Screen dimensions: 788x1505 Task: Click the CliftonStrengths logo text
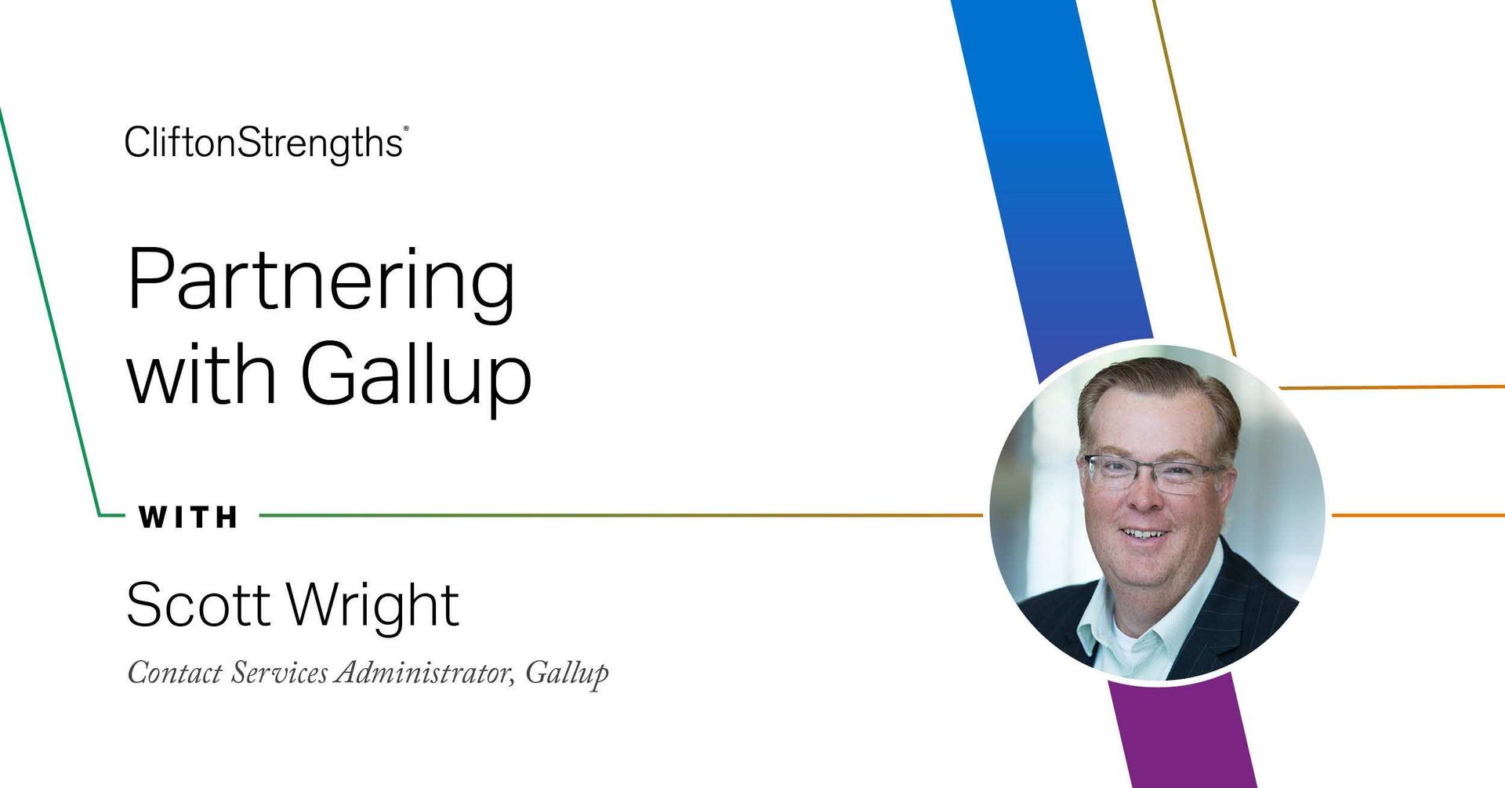pos(263,143)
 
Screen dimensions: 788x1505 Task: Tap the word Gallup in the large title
pos(416,376)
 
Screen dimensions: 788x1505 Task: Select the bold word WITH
pos(189,517)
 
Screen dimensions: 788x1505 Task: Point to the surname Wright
pos(372,606)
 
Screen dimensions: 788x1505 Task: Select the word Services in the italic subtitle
pos(279,673)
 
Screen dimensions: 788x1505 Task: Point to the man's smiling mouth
pos(1145,535)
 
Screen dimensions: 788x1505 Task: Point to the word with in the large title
pos(201,376)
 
